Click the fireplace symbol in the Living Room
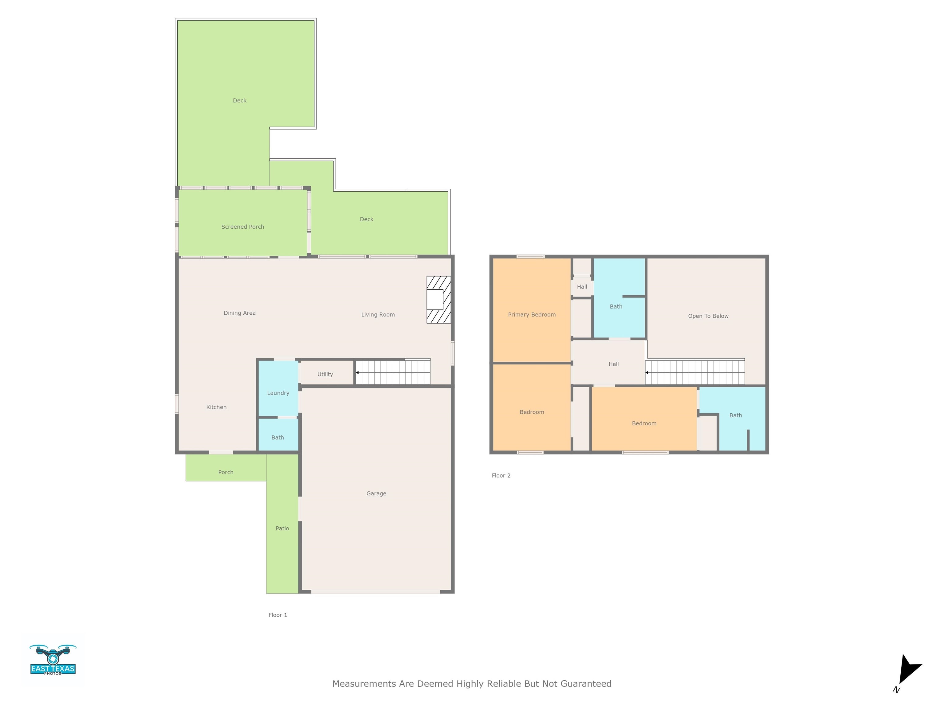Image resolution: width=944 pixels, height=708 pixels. tap(438, 299)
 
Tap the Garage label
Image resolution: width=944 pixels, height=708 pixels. tap(376, 493)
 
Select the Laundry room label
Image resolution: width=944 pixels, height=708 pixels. tap(278, 393)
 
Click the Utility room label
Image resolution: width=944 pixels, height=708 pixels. tap(325, 374)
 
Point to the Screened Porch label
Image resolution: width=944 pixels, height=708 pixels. tap(242, 226)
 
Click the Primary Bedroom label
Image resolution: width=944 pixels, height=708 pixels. tap(531, 315)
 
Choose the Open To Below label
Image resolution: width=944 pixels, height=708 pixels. tap(708, 316)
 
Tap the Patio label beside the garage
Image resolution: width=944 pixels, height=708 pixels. tap(282, 528)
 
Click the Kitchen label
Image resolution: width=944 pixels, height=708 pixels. tap(216, 407)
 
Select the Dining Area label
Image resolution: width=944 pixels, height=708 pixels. tap(239, 313)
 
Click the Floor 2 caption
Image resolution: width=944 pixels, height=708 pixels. tap(501, 475)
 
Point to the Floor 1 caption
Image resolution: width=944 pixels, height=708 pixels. tap(277, 615)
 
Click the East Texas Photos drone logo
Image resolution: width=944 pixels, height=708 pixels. tap(53, 660)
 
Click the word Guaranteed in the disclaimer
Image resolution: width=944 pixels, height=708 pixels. tap(585, 684)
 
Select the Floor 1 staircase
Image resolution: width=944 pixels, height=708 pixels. tap(393, 372)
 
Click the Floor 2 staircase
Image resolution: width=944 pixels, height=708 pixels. tap(695, 372)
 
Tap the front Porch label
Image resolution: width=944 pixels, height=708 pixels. tap(226, 472)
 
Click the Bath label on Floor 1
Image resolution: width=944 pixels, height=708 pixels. tap(277, 438)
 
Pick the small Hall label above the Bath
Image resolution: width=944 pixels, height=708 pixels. tap(582, 287)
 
